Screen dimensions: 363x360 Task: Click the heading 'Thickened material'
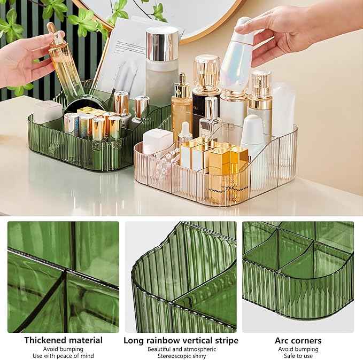[x=63, y=340]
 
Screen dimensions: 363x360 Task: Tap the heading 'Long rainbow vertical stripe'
[x=181, y=340]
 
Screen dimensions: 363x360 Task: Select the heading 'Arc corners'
[x=298, y=341]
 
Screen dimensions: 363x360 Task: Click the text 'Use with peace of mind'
[x=63, y=356]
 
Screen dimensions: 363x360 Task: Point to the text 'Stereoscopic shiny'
[x=182, y=356]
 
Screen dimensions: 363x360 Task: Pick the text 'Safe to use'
[x=298, y=356]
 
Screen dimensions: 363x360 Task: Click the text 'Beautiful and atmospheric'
[x=182, y=349]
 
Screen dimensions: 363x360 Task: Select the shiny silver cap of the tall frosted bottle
[x=162, y=44]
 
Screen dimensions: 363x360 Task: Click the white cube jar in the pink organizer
[x=155, y=140]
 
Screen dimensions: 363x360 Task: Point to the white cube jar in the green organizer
[x=48, y=112]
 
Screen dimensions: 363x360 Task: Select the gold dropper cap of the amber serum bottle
[x=182, y=86]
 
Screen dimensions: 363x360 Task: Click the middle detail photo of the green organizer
[x=181, y=277]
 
